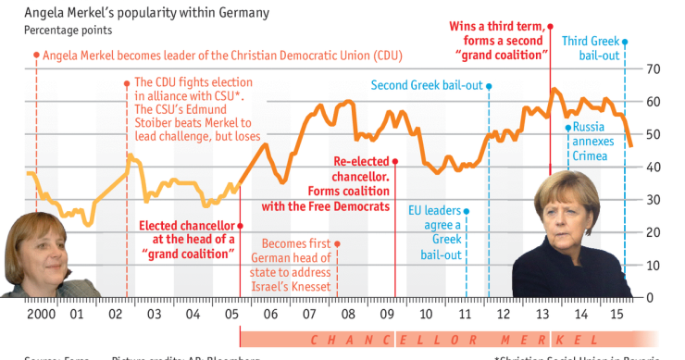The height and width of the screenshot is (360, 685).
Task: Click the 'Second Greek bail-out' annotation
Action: pos(427,85)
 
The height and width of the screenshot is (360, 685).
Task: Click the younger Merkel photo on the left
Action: pos(38,254)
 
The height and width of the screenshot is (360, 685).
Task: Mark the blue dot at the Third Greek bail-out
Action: pos(625,42)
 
